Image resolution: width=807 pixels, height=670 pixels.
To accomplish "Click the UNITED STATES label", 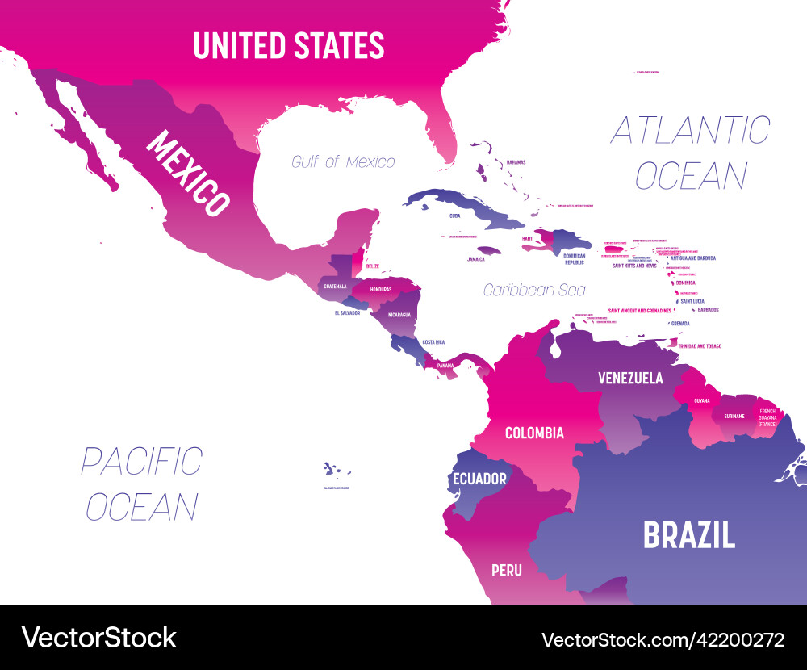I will click(x=289, y=45).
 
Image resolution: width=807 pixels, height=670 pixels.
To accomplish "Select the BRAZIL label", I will click(x=688, y=534).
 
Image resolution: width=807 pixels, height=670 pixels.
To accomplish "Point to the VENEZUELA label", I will click(x=630, y=378).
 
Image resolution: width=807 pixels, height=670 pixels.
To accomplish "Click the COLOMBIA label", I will click(x=534, y=433).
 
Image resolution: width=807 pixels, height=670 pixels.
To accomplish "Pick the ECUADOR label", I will click(x=479, y=479).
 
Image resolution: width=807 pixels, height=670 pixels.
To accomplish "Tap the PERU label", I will click(x=507, y=570).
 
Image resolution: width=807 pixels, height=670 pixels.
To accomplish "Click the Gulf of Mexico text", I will click(x=344, y=161).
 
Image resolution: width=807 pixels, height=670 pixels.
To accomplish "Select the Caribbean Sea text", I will click(x=534, y=289).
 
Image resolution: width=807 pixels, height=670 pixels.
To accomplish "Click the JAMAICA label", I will click(x=476, y=260).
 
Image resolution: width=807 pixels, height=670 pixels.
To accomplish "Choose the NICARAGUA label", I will click(x=399, y=314).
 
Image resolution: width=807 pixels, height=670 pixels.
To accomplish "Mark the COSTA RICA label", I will click(x=433, y=342).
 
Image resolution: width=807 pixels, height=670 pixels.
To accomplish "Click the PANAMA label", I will click(x=445, y=366).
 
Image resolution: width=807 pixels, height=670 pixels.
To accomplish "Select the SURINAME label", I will click(x=734, y=416).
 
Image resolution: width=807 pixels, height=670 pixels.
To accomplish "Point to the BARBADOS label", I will click(x=707, y=309).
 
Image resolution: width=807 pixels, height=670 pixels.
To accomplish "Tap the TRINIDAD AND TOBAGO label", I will click(x=700, y=345).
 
